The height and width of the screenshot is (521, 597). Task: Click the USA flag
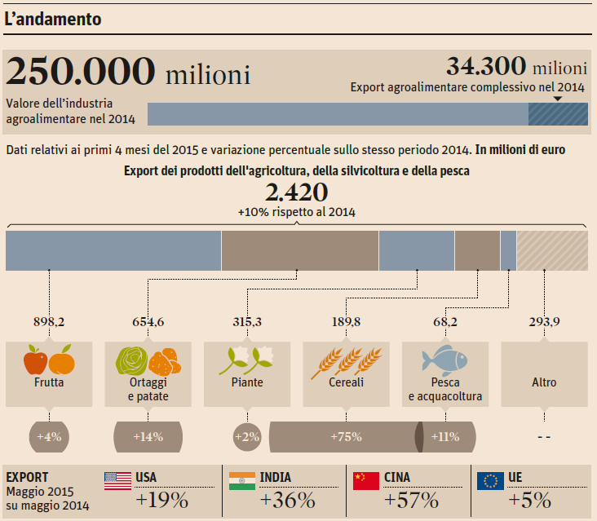coord(117,481)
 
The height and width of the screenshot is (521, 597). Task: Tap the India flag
coord(241,481)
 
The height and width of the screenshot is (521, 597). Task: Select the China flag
coord(366,481)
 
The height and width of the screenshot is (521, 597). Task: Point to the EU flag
coord(489,481)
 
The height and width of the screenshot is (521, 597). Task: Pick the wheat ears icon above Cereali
coord(346,360)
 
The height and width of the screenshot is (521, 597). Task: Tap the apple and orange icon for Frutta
coord(49,360)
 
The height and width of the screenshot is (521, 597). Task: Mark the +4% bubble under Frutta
coord(48,437)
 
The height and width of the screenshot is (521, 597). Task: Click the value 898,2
coord(49,322)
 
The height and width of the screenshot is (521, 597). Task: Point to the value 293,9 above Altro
coord(544,322)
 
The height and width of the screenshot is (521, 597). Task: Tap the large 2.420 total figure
coord(297,192)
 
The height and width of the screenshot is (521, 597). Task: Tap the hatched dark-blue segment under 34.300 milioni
coord(558,114)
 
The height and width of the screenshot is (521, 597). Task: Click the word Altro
coord(544,382)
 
